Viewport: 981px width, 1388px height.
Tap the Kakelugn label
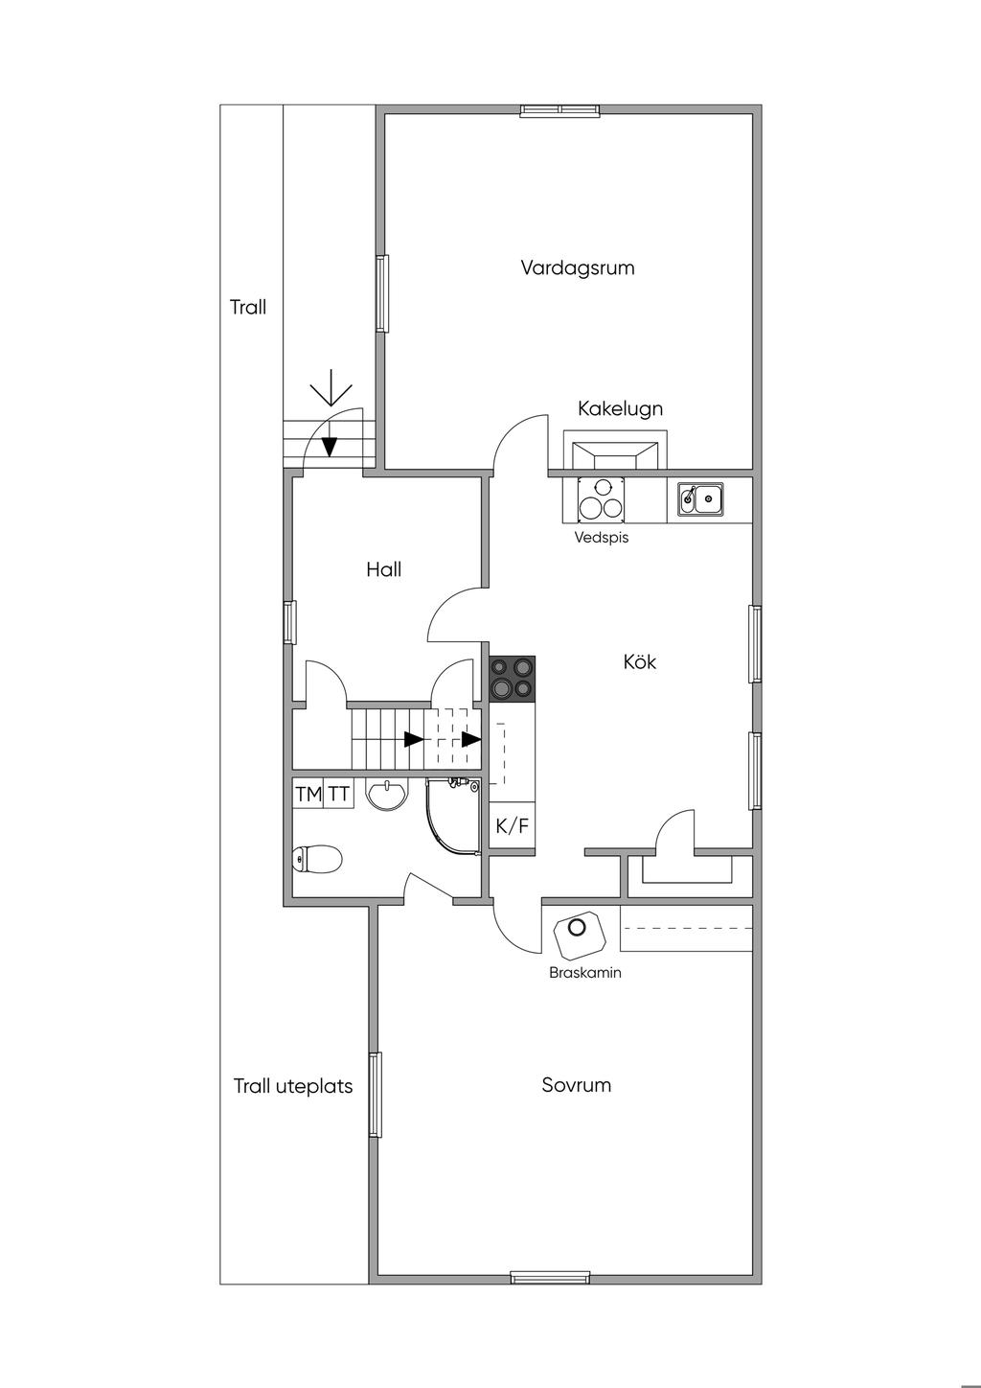coord(620,408)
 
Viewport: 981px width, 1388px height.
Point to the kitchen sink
coord(701,498)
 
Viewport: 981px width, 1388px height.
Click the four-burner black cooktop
coord(512,678)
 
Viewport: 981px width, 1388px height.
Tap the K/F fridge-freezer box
coord(512,825)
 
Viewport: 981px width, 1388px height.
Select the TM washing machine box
coord(308,794)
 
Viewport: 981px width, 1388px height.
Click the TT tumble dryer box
coord(339,794)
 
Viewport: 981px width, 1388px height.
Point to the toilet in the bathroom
coord(317,859)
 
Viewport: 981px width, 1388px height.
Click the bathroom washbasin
coord(388,795)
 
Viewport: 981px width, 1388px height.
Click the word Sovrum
coord(576,1085)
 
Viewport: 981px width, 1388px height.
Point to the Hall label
coord(383,569)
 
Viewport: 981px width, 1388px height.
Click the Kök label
coord(639,661)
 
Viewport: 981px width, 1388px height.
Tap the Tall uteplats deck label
coord(293,1086)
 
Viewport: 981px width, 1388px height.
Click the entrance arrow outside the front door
coord(331,391)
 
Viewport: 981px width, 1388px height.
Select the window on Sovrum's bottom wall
coord(549,1277)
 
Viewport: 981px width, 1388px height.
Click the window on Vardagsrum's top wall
coord(560,110)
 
